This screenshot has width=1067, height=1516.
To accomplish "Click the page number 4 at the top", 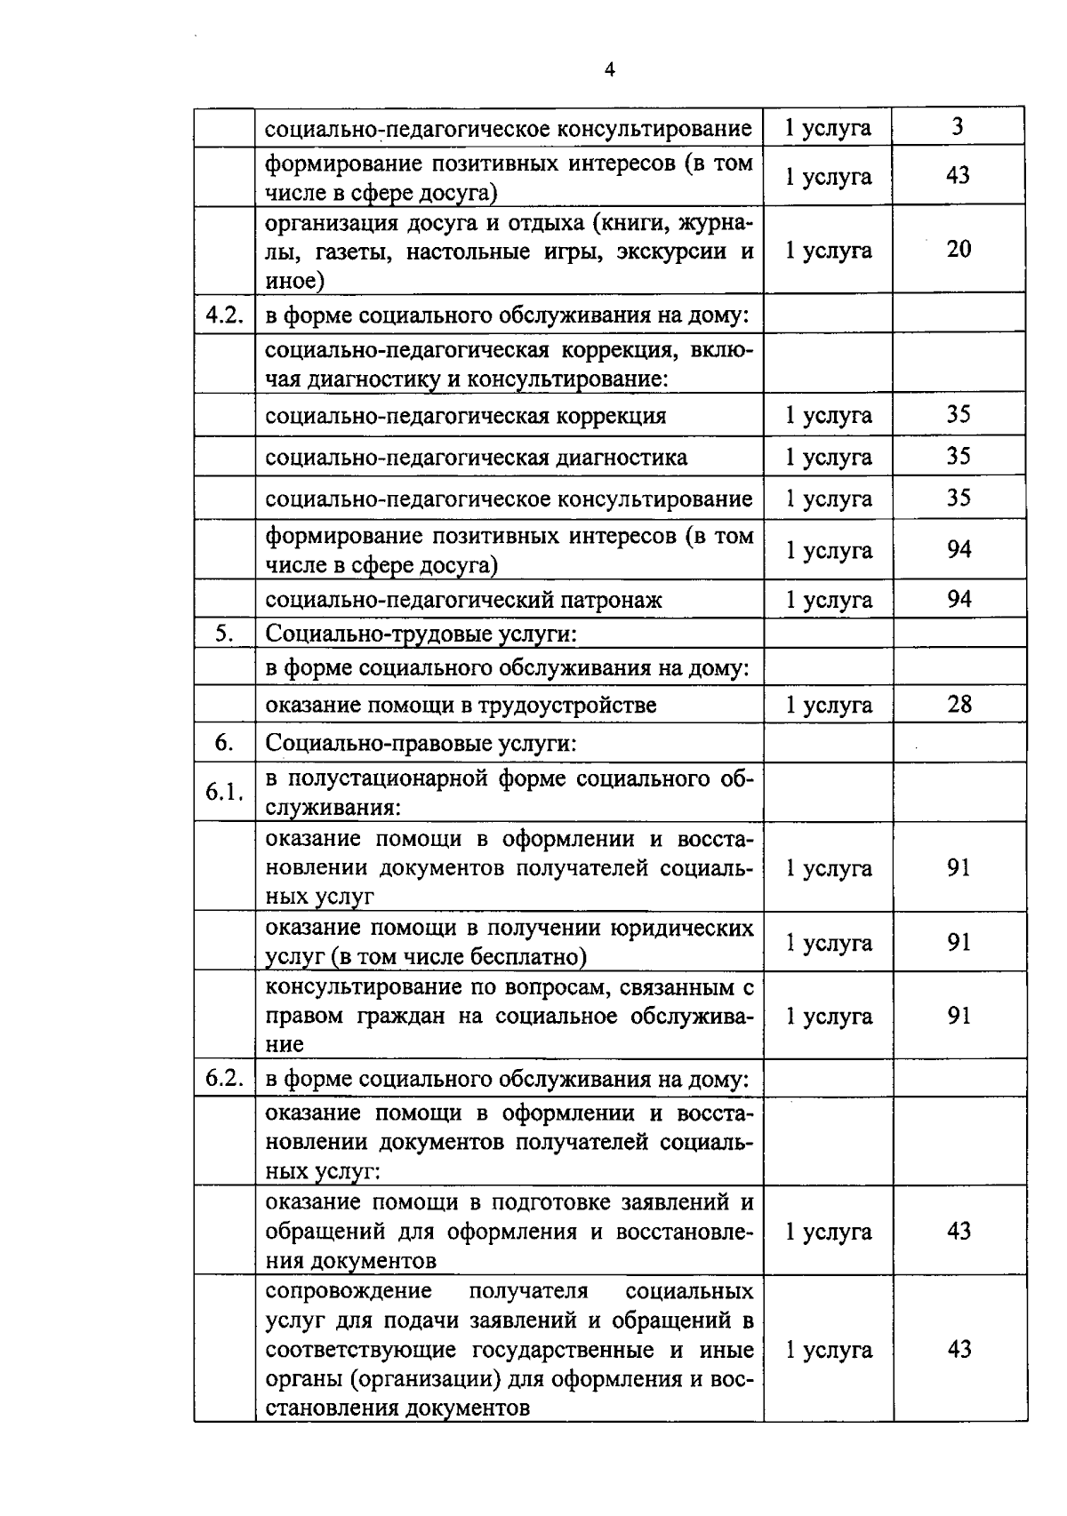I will [x=609, y=71].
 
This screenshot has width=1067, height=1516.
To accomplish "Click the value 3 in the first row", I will [x=958, y=126].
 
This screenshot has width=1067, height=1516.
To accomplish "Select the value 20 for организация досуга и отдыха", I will [x=959, y=249].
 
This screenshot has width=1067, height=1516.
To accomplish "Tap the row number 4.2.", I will [x=224, y=315].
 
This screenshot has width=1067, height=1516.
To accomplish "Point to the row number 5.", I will [x=224, y=634].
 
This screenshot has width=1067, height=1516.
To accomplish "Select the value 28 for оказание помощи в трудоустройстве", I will [x=959, y=705].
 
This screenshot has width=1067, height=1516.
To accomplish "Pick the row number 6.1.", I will [x=224, y=791].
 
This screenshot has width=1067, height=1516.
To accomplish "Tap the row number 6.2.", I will [x=224, y=1078].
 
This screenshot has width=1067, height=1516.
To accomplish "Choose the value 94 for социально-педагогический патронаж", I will [x=959, y=599].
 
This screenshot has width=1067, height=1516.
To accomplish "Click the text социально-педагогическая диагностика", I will [x=476, y=458].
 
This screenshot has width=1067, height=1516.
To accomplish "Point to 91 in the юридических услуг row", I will [x=959, y=942].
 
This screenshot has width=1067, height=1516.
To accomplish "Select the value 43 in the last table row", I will [x=959, y=1349].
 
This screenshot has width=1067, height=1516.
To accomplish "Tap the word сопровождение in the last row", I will [x=349, y=1290].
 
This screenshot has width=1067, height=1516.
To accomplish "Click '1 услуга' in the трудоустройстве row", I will [x=828, y=706].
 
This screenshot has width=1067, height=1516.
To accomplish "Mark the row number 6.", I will [x=224, y=742].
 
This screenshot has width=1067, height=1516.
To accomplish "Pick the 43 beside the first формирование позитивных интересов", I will [x=958, y=175].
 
